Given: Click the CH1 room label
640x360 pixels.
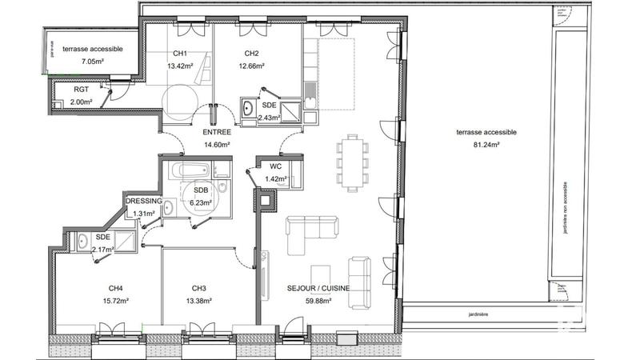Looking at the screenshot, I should (x=176, y=54).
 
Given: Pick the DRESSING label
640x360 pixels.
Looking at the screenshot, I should (x=144, y=201).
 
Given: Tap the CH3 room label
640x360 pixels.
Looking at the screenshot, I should (x=200, y=289).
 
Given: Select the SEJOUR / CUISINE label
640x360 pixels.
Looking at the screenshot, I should (x=318, y=289).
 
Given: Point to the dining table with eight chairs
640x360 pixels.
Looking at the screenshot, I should (x=353, y=161).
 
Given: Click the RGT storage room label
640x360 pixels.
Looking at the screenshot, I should (x=82, y=90).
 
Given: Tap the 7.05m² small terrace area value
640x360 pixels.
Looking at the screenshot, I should (x=96, y=60).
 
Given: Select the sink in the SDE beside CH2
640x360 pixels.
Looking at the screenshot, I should (x=247, y=107).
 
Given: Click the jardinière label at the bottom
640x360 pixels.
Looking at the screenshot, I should (x=480, y=314).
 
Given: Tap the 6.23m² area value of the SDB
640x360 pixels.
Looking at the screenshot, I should (x=200, y=202).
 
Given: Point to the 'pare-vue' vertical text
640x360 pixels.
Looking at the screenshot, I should (x=51, y=50).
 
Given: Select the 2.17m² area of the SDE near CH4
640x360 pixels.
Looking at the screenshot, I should (x=103, y=250).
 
